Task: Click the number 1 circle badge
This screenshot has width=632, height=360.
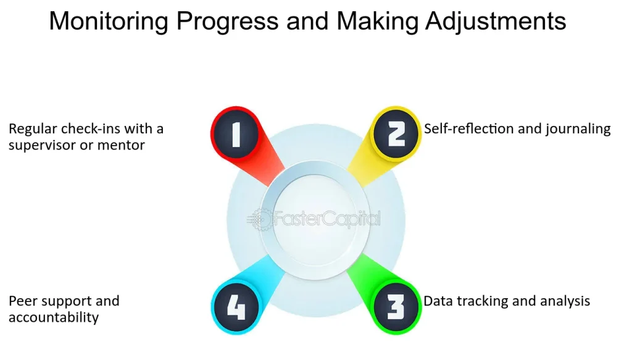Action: (x=236, y=134)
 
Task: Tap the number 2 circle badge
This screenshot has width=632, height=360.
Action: (x=396, y=134)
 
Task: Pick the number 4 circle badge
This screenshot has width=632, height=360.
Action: (x=236, y=307)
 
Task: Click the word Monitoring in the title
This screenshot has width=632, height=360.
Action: (x=109, y=21)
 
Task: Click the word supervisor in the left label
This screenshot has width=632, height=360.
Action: (x=43, y=146)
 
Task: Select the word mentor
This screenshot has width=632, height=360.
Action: (x=121, y=145)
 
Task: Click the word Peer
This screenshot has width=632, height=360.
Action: (x=23, y=301)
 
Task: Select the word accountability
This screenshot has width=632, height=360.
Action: (x=54, y=318)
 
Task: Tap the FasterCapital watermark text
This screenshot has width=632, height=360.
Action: (x=327, y=219)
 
